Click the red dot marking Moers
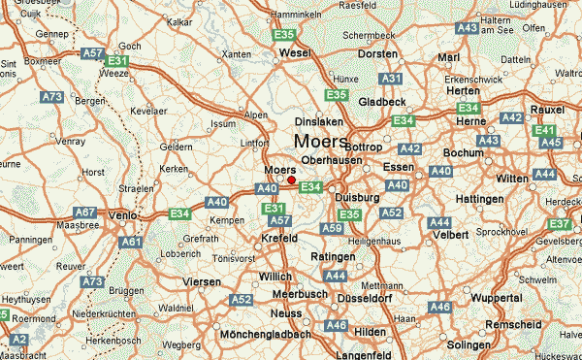pyautogui.click(x=291, y=179)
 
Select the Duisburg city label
pyautogui.click(x=357, y=196)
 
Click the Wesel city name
pyautogui.click(x=293, y=52)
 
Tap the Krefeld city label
pyautogui.click(x=280, y=239)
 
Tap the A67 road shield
pyautogui.click(x=86, y=213)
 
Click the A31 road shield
pyautogui.click(x=391, y=78)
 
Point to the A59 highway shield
pyautogui.click(x=332, y=228)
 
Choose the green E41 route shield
pyautogui.click(x=545, y=130)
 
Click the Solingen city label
pyautogui.click(x=469, y=345)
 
